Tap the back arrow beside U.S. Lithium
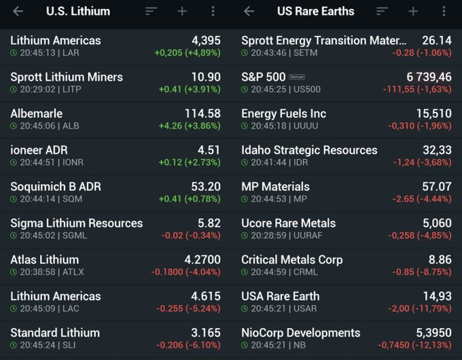(18, 12)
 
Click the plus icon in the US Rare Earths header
(413, 12)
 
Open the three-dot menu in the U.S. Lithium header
(213, 12)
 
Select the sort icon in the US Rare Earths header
(383, 12)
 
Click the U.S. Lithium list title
(77, 12)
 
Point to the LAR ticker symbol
(73, 52)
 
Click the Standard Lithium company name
(55, 333)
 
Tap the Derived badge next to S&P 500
(297, 77)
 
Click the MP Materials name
(275, 186)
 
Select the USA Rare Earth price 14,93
(437, 296)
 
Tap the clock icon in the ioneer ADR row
(14, 162)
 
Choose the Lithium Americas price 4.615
(202, 296)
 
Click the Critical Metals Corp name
(291, 259)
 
